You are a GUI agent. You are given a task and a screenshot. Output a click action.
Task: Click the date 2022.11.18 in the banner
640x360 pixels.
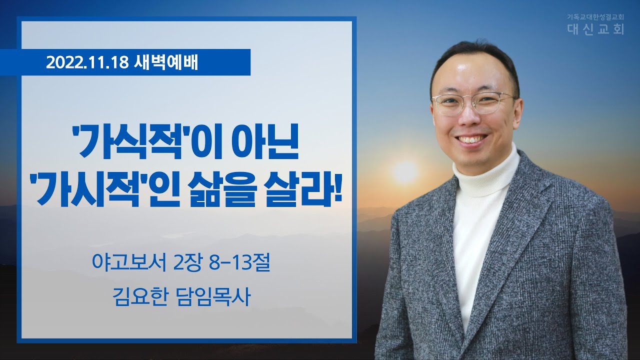(x=87, y=62)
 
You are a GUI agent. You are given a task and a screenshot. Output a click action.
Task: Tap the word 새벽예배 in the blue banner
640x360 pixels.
(x=165, y=62)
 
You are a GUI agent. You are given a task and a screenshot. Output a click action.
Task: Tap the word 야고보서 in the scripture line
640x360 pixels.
(x=129, y=263)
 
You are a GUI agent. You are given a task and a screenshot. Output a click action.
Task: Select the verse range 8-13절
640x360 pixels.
(x=239, y=263)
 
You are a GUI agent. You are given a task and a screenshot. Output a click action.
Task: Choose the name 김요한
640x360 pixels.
(x=139, y=297)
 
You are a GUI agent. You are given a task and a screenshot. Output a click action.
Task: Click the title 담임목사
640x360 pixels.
(x=213, y=297)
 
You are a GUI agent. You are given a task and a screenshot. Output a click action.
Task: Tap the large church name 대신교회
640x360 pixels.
(x=595, y=29)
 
